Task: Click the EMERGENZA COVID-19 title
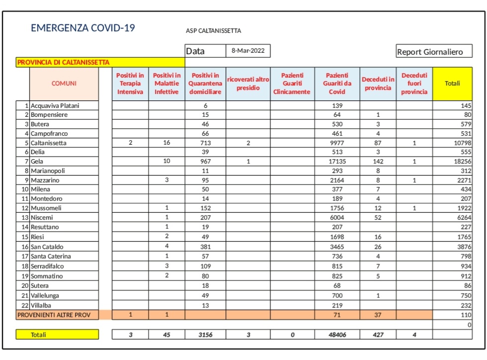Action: coord(83,28)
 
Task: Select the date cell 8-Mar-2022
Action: coord(248,51)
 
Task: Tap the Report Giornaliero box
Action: coord(434,52)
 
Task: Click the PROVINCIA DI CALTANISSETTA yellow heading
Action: coord(64,63)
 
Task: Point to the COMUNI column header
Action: coord(64,84)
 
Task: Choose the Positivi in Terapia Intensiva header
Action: coord(130,84)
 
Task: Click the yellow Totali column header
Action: coord(452,84)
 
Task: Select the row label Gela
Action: coord(38,162)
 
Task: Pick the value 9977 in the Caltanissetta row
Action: coord(337,143)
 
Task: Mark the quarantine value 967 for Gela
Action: coord(205,162)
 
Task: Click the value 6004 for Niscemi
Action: coord(337,218)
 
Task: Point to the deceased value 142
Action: coord(378,162)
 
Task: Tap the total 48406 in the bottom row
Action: coord(337,335)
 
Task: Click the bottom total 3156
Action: coord(205,335)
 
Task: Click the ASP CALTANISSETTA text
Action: coord(213,31)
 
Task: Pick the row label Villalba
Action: coord(41,305)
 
